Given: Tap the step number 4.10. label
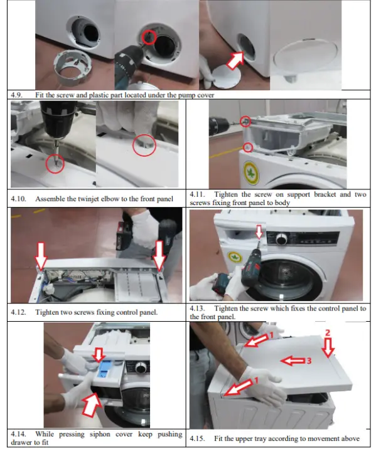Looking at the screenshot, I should tap(19, 199).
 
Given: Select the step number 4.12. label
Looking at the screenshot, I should tap(19, 312).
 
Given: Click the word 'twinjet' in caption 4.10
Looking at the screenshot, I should tap(95, 199).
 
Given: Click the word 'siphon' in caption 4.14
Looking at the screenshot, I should tap(87, 434).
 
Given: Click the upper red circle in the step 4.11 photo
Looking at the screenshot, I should tap(247, 121).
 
